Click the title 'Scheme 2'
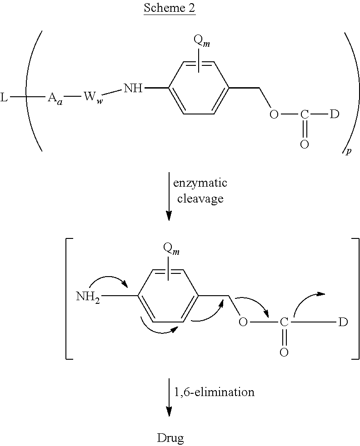(x=170, y=8)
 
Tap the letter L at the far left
(x=4, y=98)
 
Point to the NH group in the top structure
(x=133, y=89)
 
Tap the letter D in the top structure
(x=335, y=114)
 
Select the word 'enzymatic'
(x=200, y=183)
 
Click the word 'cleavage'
(x=200, y=198)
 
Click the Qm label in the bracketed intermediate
(x=171, y=249)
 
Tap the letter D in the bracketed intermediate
(x=343, y=322)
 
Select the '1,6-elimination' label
(x=214, y=392)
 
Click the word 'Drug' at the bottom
(x=171, y=438)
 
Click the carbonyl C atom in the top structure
(x=304, y=114)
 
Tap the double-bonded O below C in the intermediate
(x=284, y=352)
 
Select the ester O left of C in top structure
(x=274, y=114)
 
